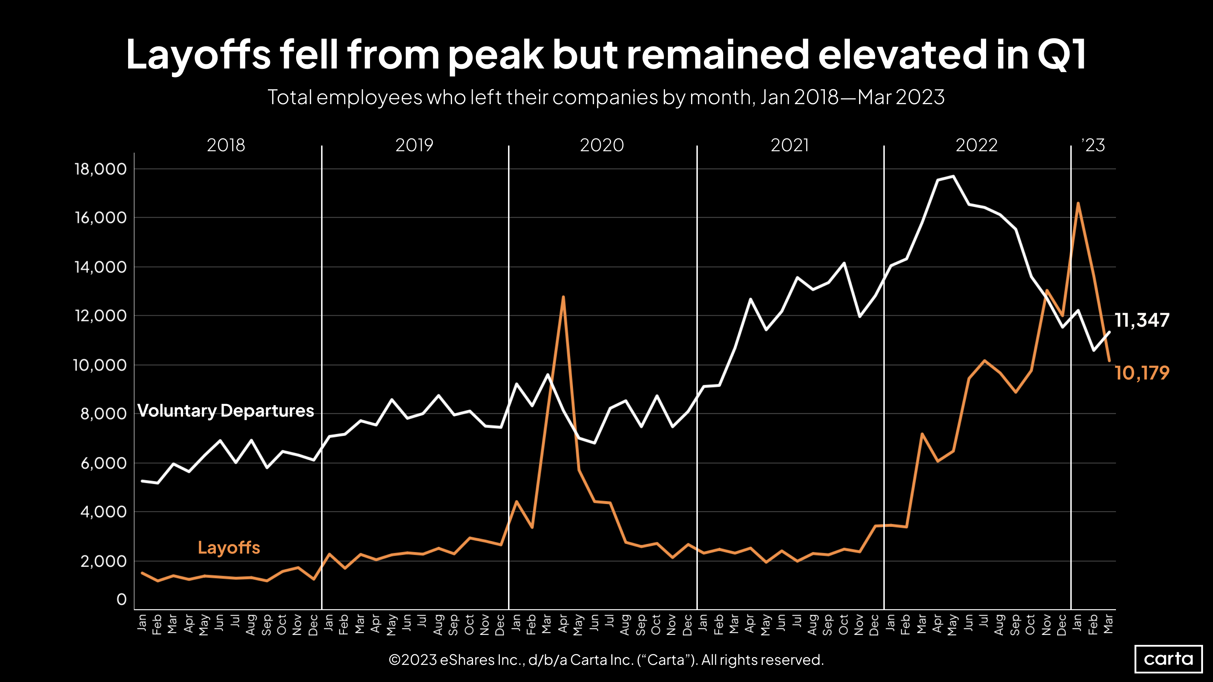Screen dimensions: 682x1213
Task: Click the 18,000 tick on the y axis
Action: pos(100,169)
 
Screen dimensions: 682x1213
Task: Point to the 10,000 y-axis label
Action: pos(100,365)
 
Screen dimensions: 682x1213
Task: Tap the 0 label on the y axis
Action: pos(122,599)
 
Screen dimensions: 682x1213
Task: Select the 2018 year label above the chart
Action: pos(226,145)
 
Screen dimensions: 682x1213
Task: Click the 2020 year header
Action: pos(602,145)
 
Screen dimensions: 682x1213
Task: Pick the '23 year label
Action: pos(1093,145)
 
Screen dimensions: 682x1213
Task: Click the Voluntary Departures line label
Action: pos(225,411)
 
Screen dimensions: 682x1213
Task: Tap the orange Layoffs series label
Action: pos(229,548)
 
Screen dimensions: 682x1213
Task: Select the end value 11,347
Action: pos(1142,320)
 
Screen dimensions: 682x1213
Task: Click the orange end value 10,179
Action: pos(1142,373)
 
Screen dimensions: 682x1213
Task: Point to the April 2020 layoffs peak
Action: pos(563,297)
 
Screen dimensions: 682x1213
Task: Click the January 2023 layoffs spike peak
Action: pos(1078,203)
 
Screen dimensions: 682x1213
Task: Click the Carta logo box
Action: pos(1168,658)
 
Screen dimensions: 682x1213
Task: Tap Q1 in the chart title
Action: pos(1061,54)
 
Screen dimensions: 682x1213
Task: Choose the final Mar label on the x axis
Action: pos(1109,624)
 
